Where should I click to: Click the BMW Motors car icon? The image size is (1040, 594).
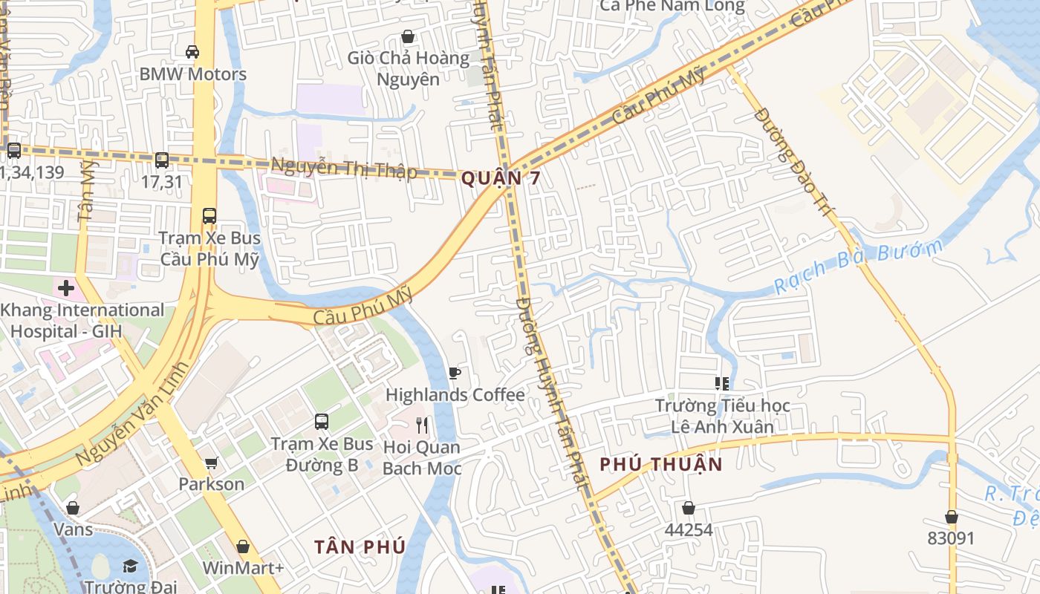coord(192,51)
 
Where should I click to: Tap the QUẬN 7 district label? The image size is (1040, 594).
coord(500,178)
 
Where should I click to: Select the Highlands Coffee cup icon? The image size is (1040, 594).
coord(455,373)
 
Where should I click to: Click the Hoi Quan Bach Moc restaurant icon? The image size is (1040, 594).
coord(422,425)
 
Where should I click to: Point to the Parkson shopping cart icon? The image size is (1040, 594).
coord(211,463)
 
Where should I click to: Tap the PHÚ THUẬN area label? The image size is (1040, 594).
coord(660,464)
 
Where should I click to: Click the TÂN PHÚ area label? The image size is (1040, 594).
coord(360,547)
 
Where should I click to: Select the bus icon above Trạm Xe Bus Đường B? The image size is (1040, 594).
coord(322,422)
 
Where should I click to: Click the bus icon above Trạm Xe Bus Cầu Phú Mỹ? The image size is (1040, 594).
coord(209,216)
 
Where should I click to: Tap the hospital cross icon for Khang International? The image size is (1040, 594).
coord(66,287)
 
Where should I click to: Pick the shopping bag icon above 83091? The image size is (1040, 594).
coord(951,517)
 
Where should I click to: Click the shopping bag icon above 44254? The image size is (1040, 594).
coord(689,508)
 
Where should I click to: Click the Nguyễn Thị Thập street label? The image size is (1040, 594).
coord(344,168)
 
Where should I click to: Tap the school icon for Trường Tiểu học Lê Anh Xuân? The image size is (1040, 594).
coord(721,384)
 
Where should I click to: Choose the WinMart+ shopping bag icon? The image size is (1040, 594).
coord(243,546)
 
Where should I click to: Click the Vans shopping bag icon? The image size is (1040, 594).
coord(73,508)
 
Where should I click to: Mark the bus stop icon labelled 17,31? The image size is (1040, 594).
coord(161,160)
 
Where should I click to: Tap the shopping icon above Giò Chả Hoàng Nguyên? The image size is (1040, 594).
coord(407,36)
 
